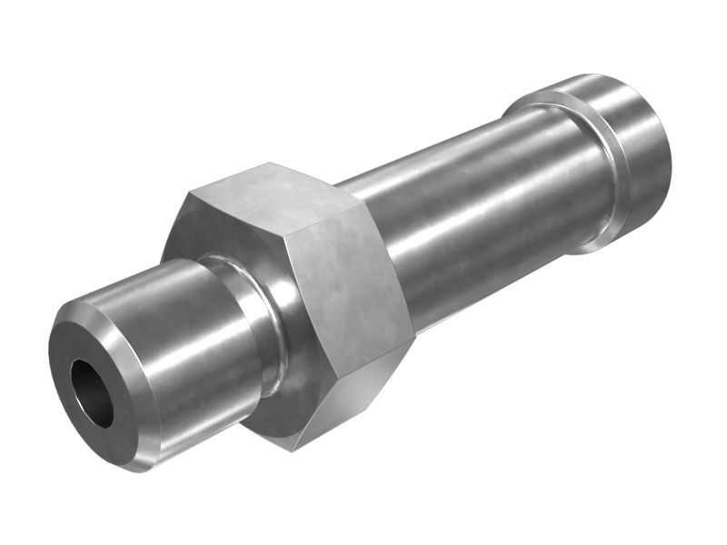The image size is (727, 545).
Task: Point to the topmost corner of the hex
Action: tap(270, 163)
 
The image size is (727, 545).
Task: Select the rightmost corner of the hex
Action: tap(416, 338)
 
